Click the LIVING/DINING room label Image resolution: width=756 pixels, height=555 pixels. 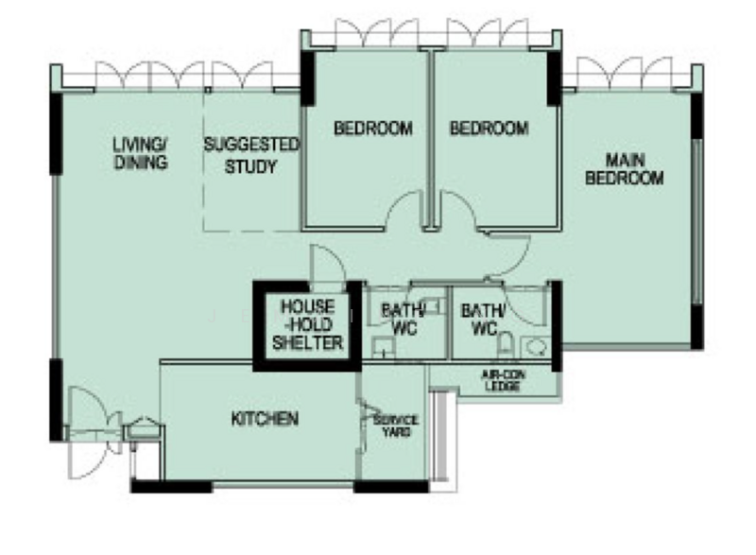140,153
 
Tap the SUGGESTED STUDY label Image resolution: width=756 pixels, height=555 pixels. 250,155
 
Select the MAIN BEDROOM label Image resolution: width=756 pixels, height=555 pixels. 625,168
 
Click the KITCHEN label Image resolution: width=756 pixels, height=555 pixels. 265,419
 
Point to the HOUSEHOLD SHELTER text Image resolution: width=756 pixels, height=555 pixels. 308,324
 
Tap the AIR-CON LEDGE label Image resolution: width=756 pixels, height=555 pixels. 503,380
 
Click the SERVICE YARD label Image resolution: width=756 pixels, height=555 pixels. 395,425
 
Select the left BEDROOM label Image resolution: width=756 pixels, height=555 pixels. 373,129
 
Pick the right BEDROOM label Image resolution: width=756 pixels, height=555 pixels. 489,129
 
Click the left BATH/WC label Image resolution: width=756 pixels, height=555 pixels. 404,319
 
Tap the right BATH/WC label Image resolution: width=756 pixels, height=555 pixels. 483,319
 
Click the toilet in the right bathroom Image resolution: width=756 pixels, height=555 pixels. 504,344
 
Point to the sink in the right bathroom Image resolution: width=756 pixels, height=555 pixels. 535,347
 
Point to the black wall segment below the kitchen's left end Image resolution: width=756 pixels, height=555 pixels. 171,487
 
